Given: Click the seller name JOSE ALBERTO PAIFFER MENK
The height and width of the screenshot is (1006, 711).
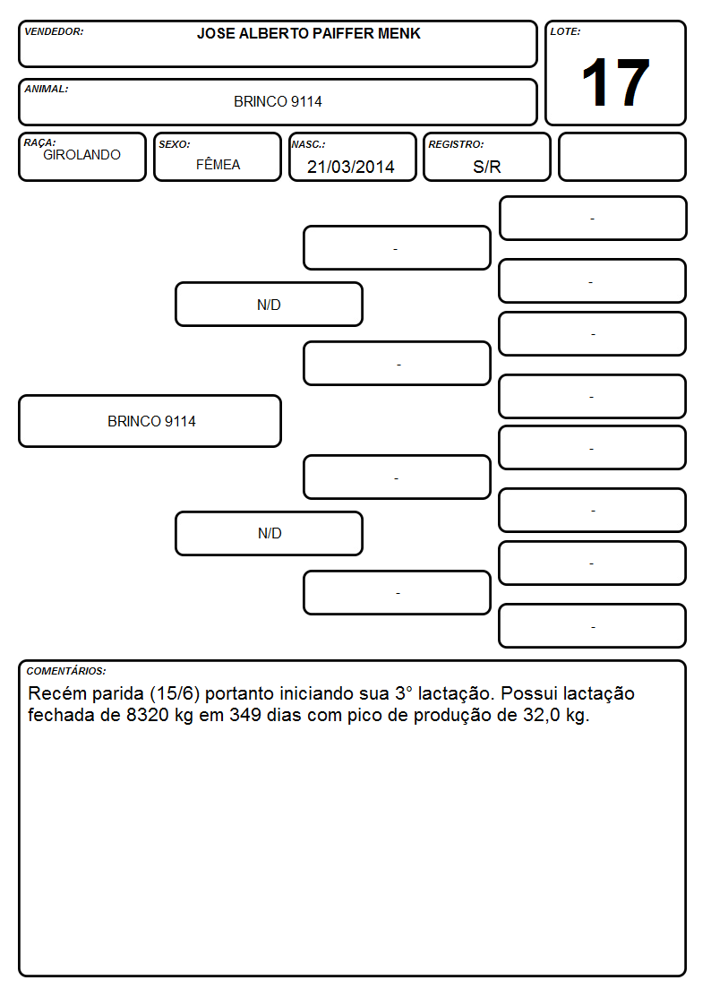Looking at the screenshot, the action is coord(308,33).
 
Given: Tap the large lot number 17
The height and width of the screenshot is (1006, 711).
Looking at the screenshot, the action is coord(615,82).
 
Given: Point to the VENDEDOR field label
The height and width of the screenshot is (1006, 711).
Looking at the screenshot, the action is coord(54,31).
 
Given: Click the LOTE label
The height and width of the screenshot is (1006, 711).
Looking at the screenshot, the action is coord(565,31).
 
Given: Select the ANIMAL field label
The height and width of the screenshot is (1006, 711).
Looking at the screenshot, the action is coord(47,90).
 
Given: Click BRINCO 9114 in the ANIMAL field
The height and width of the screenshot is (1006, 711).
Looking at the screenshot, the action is coord(278,101).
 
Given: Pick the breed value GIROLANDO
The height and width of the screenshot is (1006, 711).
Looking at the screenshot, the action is coord(81,155).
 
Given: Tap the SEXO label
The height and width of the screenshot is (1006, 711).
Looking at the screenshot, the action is coord(175,144).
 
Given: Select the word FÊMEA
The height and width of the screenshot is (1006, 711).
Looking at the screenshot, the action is coord(218,164).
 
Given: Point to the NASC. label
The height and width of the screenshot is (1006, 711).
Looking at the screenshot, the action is coord(308,144).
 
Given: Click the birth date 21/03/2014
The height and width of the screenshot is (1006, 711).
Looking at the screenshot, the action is coord(351,167).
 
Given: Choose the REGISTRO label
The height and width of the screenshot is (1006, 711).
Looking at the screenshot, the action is coord(456,144).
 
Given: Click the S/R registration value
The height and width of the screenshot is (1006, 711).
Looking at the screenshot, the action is coord(486,167).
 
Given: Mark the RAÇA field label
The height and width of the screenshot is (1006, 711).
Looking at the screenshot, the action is coord(39,142).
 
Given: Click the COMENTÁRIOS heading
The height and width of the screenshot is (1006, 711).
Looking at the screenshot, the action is coord(66,671).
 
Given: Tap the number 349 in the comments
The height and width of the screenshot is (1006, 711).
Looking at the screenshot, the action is coord(245,715).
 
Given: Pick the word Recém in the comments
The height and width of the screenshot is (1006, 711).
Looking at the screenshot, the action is coord(54,693).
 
